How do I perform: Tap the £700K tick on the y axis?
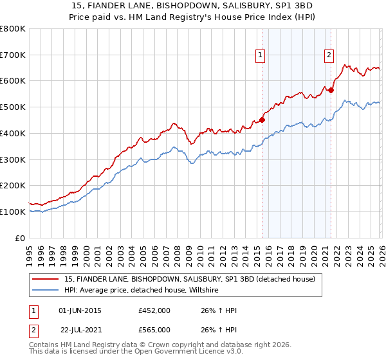click(x=13, y=55)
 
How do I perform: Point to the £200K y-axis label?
click(x=13, y=185)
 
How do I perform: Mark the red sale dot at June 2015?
click(x=262, y=119)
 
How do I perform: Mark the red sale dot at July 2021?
click(x=331, y=90)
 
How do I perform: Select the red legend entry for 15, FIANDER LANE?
click(x=189, y=279)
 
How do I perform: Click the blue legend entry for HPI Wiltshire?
click(x=142, y=291)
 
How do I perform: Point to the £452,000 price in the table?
click(x=154, y=310)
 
